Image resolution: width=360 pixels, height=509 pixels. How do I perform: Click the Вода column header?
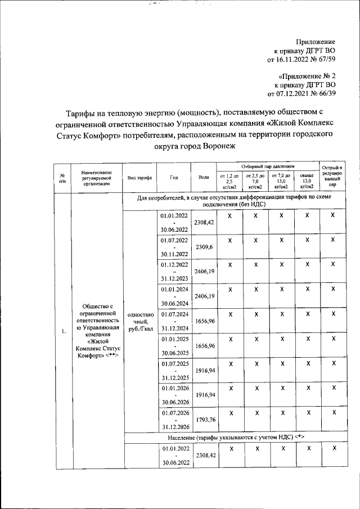[x=204, y=177]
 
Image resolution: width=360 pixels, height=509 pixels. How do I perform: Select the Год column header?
[x=173, y=177]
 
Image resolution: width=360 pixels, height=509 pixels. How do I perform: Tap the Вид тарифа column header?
[x=139, y=177]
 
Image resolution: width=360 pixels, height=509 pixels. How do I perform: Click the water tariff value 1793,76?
[x=204, y=417]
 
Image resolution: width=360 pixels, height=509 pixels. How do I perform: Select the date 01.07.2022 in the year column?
[x=174, y=240]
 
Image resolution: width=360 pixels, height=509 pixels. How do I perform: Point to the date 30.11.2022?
[x=174, y=254]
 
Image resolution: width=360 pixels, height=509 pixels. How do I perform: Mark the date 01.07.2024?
[x=174, y=313]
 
